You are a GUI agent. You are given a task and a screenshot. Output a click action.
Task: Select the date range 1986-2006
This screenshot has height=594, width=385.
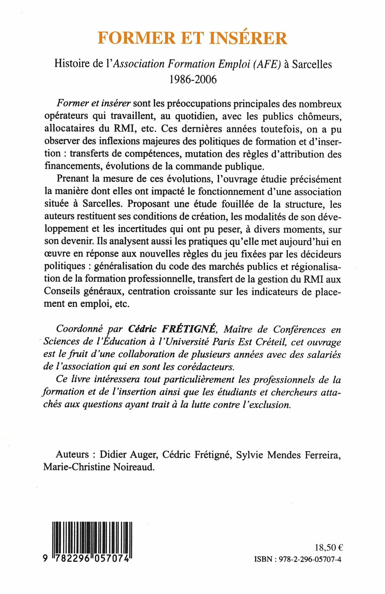[193, 79]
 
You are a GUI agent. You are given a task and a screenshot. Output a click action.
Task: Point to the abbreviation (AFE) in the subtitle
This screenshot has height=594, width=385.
[266, 64]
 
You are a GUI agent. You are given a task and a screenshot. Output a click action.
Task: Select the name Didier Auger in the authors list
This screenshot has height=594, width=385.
[128, 455]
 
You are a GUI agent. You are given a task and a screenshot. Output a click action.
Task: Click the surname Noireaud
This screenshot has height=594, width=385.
[134, 467]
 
